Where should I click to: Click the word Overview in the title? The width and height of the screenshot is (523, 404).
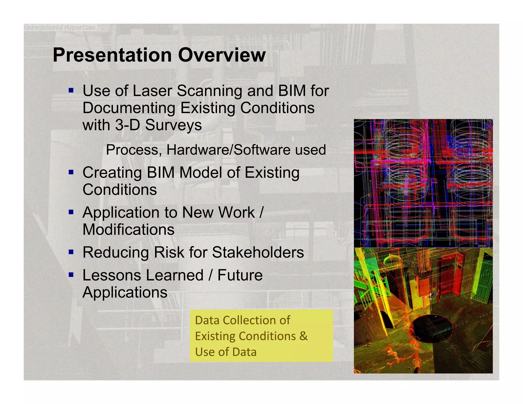coord(222,55)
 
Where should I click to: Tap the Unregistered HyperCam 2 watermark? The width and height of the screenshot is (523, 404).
coord(62,28)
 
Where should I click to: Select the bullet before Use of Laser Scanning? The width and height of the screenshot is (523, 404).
coord(71,90)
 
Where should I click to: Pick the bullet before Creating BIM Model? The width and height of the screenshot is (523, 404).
coord(71,172)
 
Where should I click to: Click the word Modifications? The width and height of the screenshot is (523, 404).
coord(128,230)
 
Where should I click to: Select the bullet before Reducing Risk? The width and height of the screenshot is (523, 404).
coord(71,252)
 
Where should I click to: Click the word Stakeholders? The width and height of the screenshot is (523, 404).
coord(258,253)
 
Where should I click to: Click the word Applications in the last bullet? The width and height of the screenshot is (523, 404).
coord(125,292)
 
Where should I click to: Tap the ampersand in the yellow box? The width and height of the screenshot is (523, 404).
coord(303,336)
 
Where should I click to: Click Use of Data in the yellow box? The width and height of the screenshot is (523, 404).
coord(226,352)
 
